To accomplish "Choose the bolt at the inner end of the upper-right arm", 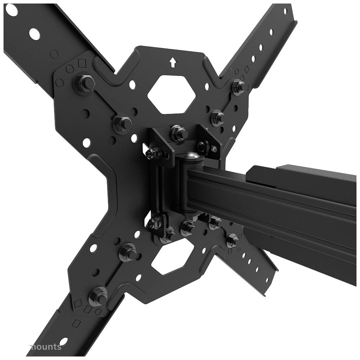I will pos(217,116).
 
